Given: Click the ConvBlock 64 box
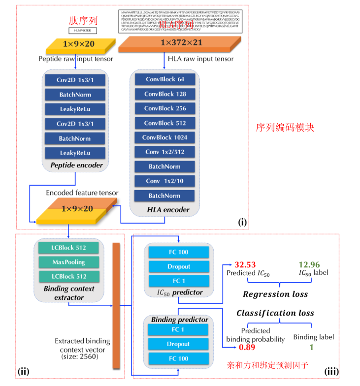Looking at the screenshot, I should (164, 79).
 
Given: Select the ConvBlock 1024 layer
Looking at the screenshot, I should (164, 137).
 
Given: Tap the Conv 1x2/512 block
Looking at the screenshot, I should (164, 152).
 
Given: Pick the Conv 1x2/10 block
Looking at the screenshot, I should (164, 181).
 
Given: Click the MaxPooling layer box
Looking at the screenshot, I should (68, 262).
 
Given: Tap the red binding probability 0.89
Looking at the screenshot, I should (247, 348).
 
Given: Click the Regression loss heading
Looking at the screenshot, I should (275, 294).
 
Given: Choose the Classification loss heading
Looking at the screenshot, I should (275, 313).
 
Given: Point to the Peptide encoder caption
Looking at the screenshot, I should (76, 165).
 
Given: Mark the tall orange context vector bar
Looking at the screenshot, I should (117, 305).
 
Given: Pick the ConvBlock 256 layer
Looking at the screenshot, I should (164, 108).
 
